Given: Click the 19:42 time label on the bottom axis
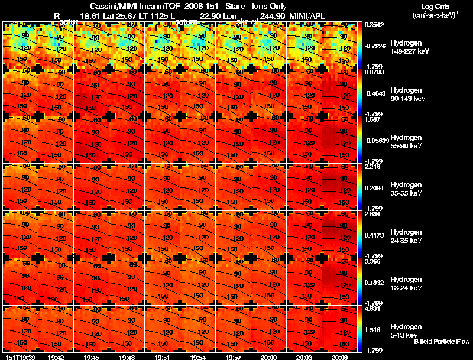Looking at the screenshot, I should pos(56,357).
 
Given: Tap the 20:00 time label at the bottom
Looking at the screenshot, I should pos(269,357).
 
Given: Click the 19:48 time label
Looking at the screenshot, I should pos(127,357).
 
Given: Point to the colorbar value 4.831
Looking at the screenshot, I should pos(372,309).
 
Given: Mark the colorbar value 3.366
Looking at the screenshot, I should pos(372,261).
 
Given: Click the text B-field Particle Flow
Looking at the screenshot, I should pos(441,342).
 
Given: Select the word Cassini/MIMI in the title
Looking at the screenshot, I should pos(112,6).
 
